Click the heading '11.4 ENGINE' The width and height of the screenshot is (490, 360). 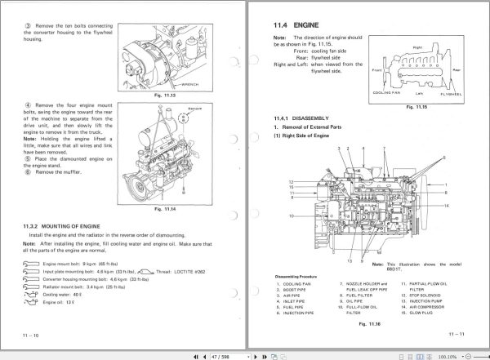[296, 25]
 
